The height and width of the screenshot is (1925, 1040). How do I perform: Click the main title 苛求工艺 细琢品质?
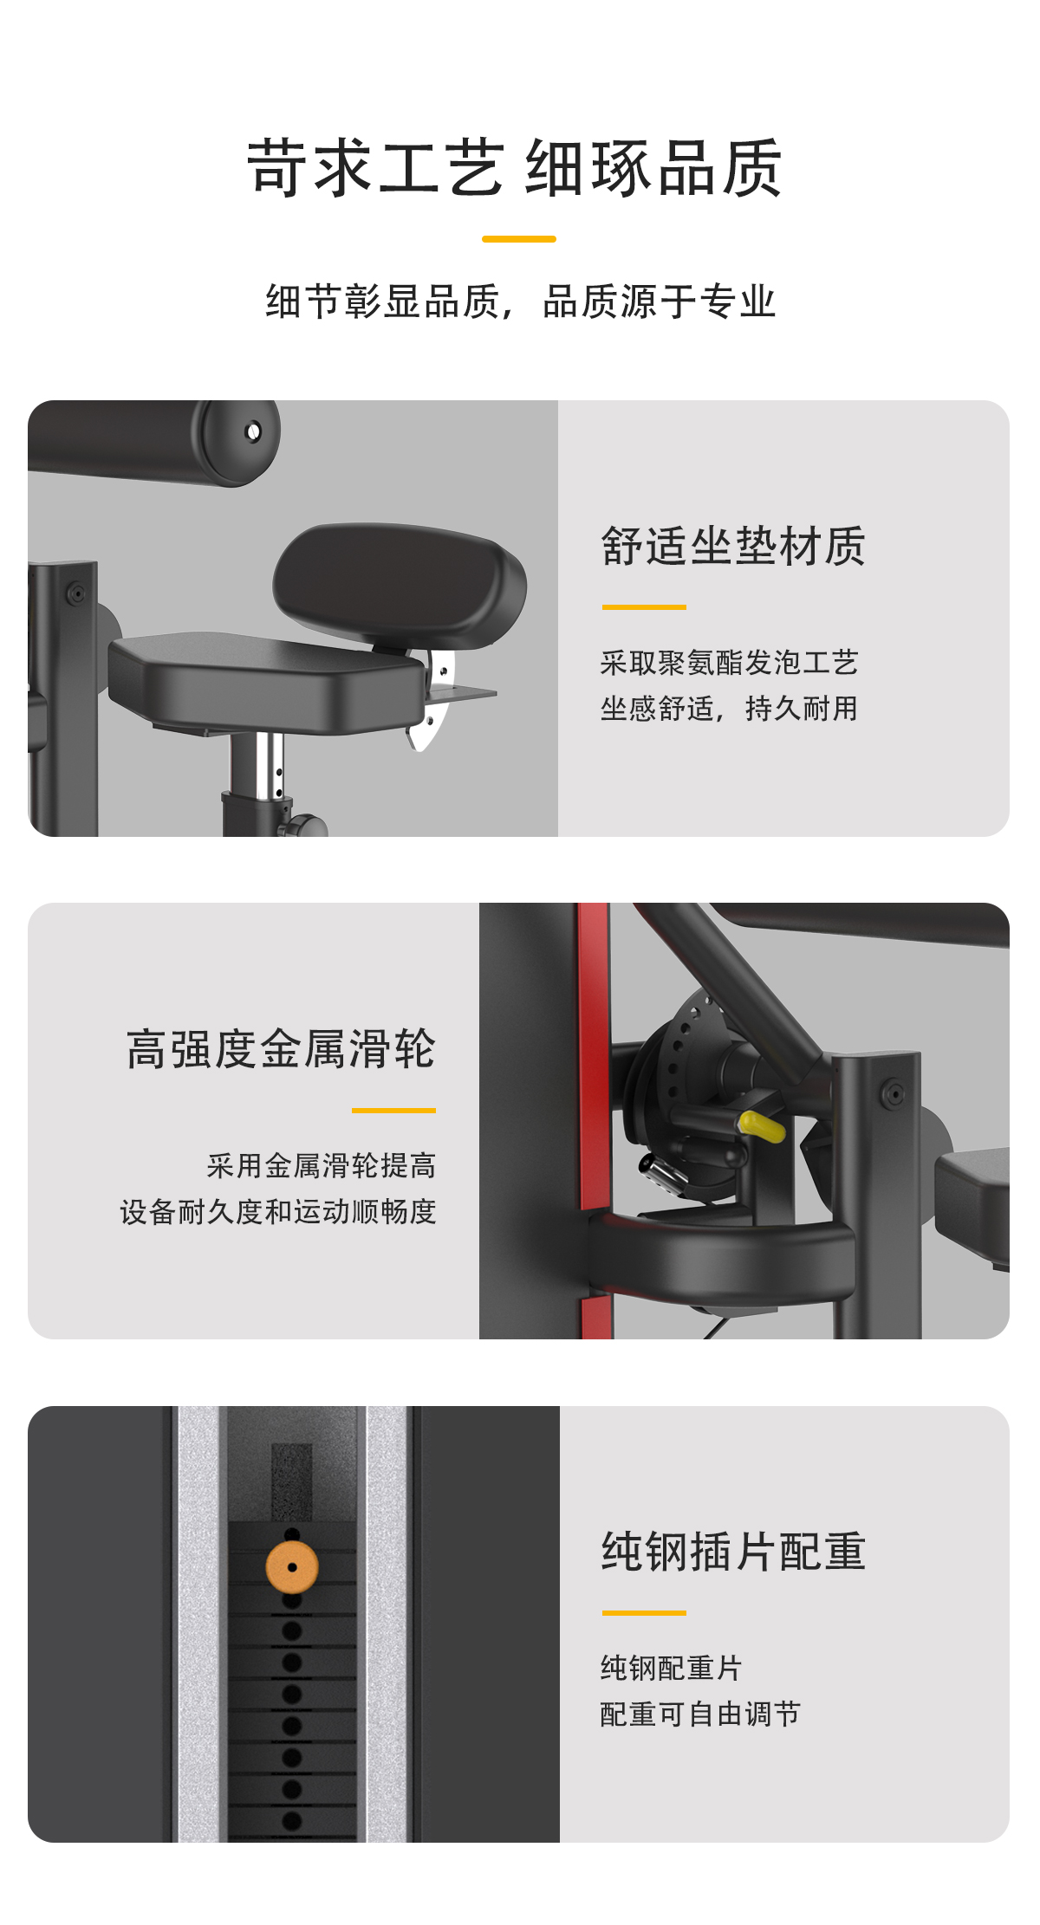point(516,168)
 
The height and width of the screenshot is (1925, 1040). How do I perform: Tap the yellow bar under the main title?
point(519,238)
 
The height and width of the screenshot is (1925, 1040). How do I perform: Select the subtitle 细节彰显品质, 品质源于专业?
point(520,301)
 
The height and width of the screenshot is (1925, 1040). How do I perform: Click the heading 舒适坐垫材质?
point(733,546)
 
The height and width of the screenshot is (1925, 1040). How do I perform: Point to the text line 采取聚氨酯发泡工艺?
point(729,663)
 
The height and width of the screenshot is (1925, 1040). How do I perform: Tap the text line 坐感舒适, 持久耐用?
point(729,709)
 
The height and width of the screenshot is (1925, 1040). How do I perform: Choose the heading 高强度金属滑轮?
point(281,1048)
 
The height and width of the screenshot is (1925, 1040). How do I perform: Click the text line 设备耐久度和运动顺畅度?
point(278,1211)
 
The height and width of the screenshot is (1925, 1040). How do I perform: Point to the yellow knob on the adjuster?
point(762,1125)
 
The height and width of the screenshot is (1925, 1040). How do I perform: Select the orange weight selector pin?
point(292,1566)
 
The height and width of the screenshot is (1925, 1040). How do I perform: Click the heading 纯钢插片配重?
point(733,1551)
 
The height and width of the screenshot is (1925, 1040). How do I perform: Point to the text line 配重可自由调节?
point(700,1714)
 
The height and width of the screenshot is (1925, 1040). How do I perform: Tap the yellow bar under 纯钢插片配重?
point(644,1612)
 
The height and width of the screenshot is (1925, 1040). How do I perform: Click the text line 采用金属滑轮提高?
point(322,1165)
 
